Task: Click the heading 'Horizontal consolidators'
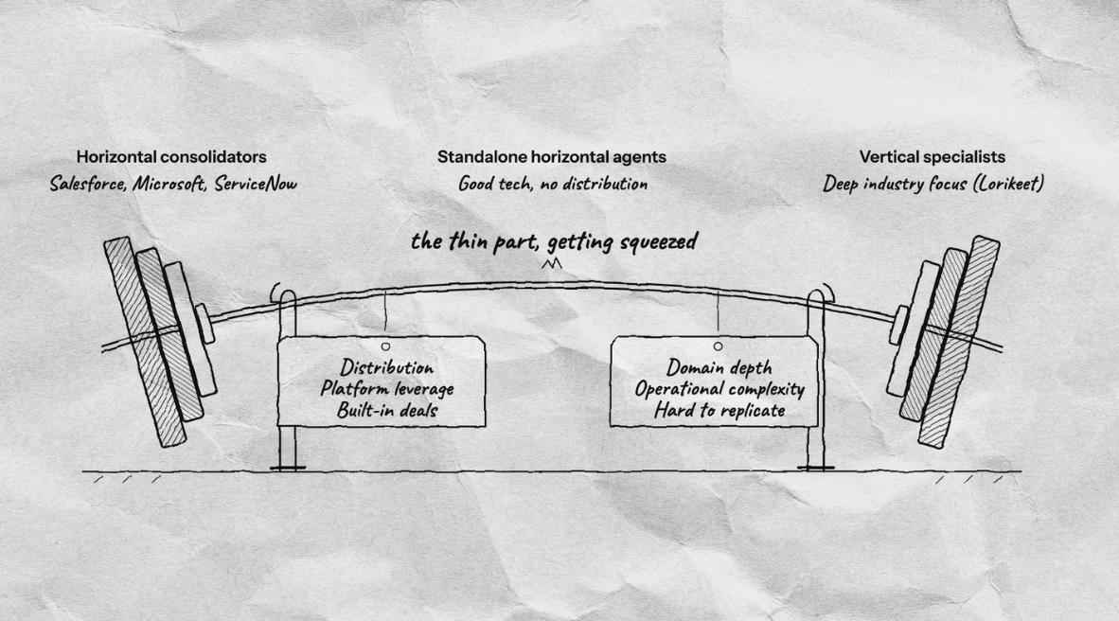171,157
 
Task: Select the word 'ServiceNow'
256,184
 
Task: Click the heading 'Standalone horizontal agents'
552,157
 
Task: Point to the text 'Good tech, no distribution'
553,185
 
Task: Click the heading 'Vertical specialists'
932,157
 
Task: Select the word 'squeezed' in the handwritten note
659,242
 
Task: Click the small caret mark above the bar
552,265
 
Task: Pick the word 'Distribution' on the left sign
387,367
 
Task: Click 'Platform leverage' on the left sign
387,389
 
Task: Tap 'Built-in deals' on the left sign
387,411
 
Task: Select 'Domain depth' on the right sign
719,367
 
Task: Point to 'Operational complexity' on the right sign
719,389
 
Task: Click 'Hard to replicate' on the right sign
719,411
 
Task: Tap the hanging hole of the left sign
385,346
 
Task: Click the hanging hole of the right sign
718,346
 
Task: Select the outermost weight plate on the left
145,342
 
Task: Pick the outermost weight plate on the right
959,342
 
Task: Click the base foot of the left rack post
288,469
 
